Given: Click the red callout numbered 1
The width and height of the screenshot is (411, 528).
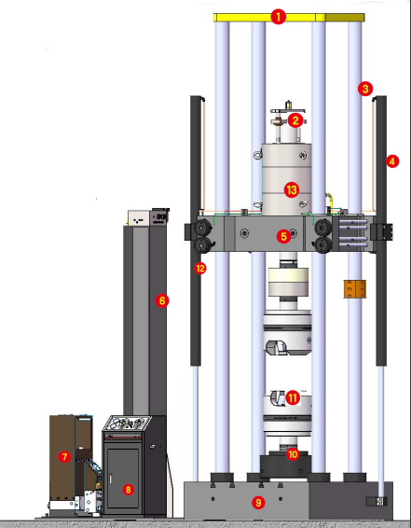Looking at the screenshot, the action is tap(278, 17).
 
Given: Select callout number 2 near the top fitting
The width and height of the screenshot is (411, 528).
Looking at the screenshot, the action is tap(295, 120).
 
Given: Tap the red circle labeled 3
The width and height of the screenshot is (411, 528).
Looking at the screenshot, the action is tap(365, 89).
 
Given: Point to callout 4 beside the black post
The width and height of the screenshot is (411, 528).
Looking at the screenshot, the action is tap(392, 161).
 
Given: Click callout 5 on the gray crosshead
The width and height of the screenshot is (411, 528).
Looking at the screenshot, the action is tap(283, 236).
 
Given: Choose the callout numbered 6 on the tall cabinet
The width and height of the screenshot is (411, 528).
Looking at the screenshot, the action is tap(162, 300).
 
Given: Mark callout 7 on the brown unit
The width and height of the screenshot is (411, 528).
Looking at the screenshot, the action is tap(64, 457).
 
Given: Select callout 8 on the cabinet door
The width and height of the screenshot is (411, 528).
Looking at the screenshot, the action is tap(128, 489).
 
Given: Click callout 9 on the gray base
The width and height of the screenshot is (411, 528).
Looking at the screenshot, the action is tap(258, 503).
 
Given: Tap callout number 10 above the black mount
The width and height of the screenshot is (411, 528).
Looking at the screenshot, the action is tap(293, 454).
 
